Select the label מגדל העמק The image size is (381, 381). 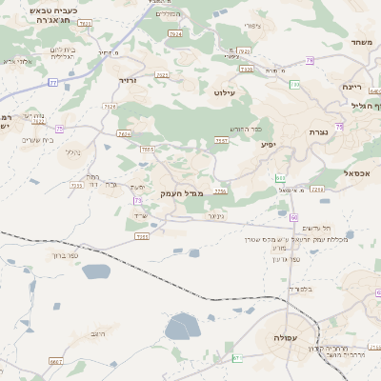point(179,193)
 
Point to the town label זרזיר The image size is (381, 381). point(129,82)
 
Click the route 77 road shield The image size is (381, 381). point(53,83)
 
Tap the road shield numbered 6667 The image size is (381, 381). point(56,362)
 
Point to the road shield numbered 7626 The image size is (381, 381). point(124,134)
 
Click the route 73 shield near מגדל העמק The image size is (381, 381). point(139,201)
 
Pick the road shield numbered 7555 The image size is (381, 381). point(147,150)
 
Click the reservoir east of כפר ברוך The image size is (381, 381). point(96,271)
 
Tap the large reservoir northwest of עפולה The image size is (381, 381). point(180,329)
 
